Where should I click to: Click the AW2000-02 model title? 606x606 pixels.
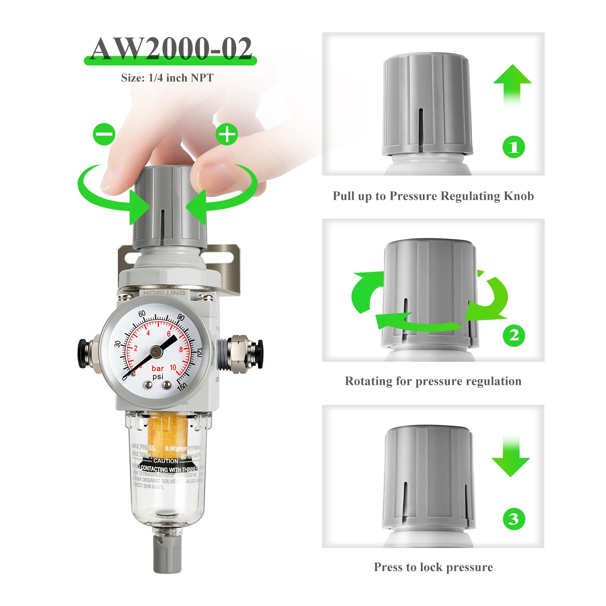coord(171,49)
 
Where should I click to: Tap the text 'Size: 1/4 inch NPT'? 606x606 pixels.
coord(167,78)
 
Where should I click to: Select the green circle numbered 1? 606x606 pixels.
coord(514,147)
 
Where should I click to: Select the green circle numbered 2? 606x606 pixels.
coord(514,335)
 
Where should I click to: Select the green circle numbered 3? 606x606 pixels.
coord(513,519)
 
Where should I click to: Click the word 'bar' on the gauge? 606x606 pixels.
coord(158,368)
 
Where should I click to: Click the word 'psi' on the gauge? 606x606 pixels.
coord(158,377)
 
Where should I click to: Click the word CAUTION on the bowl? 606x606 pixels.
coord(166,461)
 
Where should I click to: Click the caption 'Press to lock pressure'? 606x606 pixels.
coord(433,567)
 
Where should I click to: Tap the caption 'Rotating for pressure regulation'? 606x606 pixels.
coord(433,381)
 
